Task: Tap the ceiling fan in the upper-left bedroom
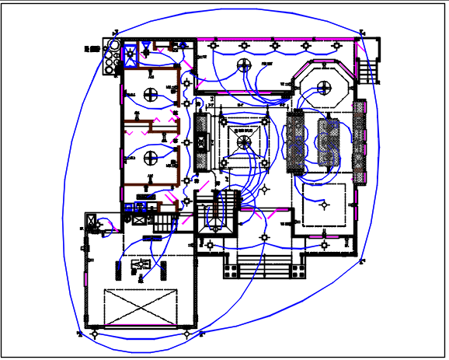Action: pos(151,93)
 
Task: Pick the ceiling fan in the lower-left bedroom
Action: pos(151,159)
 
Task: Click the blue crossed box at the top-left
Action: pos(131,54)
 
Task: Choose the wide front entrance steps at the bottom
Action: pos(261,267)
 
